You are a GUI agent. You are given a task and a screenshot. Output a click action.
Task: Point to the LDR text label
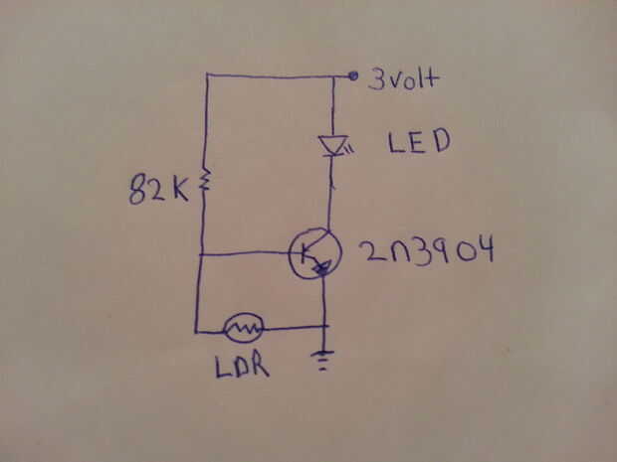(241, 368)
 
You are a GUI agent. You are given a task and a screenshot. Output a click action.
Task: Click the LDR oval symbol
(244, 327)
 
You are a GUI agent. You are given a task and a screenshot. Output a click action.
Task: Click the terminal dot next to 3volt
(352, 76)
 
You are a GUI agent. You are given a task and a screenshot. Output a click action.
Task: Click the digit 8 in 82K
(138, 190)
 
